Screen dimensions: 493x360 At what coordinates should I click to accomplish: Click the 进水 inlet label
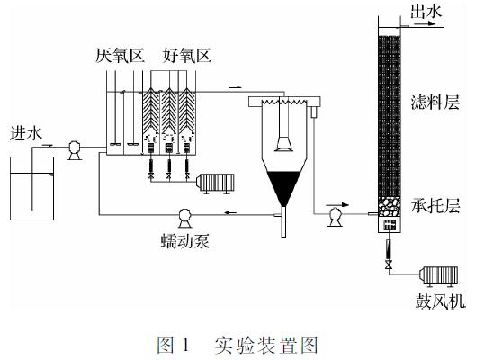(26, 133)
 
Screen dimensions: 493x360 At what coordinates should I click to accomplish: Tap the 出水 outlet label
(426, 13)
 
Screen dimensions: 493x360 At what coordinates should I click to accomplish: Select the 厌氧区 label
(121, 55)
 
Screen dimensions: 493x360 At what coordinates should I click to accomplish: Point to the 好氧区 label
(187, 55)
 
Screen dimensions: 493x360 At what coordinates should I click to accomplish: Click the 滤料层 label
(435, 102)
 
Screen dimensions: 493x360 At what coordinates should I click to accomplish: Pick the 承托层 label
(435, 206)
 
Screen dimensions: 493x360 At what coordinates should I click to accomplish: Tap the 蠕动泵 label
(185, 241)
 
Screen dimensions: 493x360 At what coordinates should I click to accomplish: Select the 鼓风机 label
(440, 301)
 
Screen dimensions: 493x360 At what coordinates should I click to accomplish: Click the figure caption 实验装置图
(265, 345)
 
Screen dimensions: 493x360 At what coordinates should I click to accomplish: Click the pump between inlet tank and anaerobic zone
(75, 150)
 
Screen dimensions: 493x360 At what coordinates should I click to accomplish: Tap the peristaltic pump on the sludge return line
(184, 218)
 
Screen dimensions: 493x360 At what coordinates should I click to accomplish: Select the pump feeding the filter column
(335, 217)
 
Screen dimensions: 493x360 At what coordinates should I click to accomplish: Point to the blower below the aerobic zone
(215, 183)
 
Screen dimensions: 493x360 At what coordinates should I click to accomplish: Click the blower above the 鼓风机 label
(438, 276)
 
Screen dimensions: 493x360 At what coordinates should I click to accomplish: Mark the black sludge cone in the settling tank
(283, 186)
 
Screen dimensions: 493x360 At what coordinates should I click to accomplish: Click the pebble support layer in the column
(390, 207)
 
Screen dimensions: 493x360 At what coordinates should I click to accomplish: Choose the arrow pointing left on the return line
(230, 213)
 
